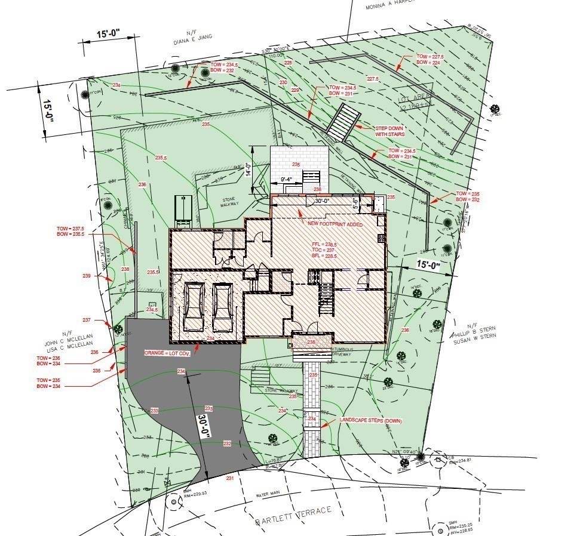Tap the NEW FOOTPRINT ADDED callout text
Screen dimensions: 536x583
click(335, 223)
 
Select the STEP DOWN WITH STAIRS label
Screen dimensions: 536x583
click(389, 131)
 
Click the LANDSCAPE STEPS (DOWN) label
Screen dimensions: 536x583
click(370, 421)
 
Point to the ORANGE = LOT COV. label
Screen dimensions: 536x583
click(169, 353)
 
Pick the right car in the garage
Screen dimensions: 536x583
click(222, 306)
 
